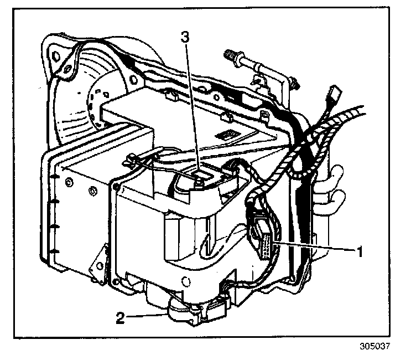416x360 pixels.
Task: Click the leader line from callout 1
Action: pos(315,248)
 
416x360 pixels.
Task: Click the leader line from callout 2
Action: pos(147,316)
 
